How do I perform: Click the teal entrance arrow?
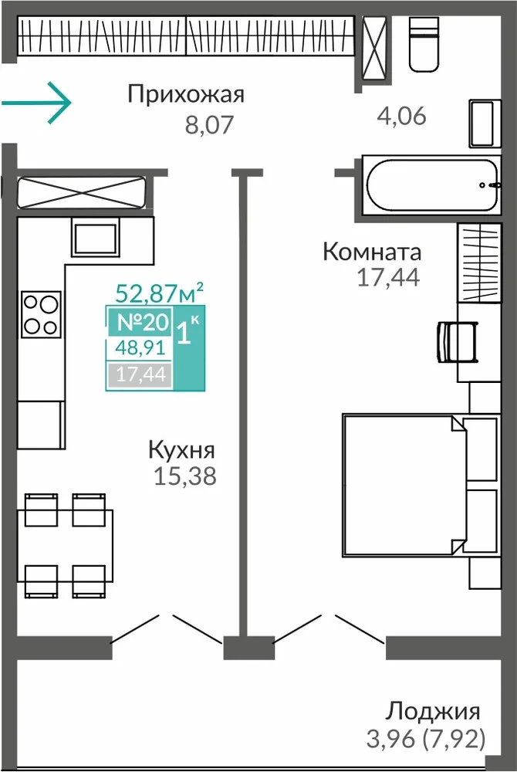pos(36,103)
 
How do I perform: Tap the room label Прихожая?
pos(186,93)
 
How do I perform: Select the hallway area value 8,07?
pos(208,125)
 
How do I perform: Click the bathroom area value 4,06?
pos(401,117)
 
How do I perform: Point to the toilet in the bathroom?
pos(424,44)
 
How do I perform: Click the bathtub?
pos(432,185)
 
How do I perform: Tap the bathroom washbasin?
pos(485,124)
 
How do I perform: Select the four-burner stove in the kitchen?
pos(41,314)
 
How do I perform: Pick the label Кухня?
pos(182,450)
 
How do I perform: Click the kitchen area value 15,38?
pos(185,476)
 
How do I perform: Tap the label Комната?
pos(372,252)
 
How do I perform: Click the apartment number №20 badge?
pos(144,323)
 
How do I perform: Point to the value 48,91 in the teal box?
pos(140,348)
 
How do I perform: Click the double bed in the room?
pos(421,486)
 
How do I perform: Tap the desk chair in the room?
pos(458,342)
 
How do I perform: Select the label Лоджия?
pos(432,712)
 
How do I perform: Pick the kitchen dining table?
pos(65,546)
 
